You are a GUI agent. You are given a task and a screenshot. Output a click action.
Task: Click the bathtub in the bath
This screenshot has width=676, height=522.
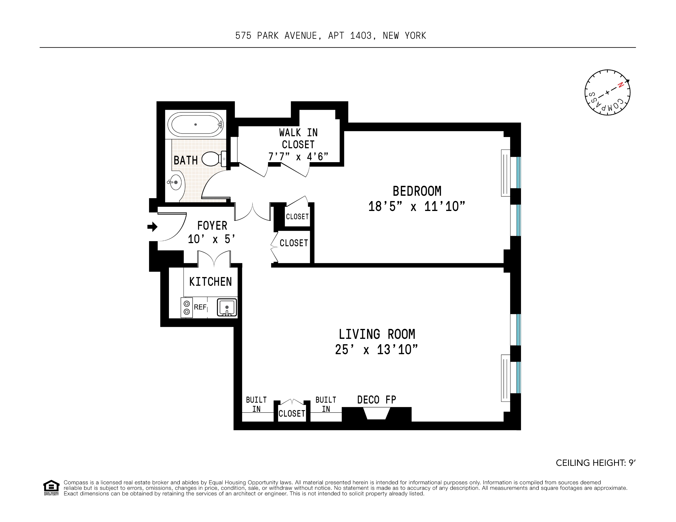tap(195, 124)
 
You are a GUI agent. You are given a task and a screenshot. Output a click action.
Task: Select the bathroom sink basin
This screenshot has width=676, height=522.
tap(175, 182)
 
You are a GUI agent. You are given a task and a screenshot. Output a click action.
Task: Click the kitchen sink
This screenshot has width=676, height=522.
tap(227, 307)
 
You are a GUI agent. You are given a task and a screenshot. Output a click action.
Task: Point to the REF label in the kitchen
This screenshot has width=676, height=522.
tap(200, 307)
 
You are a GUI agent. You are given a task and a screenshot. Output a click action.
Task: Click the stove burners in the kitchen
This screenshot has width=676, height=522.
tap(187, 308)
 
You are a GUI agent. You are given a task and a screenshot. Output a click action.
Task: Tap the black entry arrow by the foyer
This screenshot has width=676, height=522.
tap(152, 227)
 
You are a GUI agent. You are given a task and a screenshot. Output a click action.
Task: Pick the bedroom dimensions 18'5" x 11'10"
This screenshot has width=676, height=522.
tap(417, 206)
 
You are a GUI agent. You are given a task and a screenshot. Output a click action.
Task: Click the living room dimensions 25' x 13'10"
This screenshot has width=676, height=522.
tap(376, 350)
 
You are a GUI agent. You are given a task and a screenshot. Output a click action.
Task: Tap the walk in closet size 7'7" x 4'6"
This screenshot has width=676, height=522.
tap(298, 157)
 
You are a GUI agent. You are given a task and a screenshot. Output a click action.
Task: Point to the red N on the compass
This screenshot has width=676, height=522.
tap(620, 85)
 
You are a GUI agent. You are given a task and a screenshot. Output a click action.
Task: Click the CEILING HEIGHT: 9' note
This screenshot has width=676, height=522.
tap(596, 463)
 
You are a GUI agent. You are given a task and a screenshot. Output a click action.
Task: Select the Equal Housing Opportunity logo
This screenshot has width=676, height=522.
tap(51, 488)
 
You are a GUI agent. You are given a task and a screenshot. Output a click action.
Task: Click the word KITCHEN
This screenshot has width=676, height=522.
tap(211, 282)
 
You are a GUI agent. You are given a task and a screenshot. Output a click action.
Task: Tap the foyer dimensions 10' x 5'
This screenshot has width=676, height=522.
tap(212, 239)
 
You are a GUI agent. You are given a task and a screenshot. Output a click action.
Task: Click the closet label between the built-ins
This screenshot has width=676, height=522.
tap(291, 413)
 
